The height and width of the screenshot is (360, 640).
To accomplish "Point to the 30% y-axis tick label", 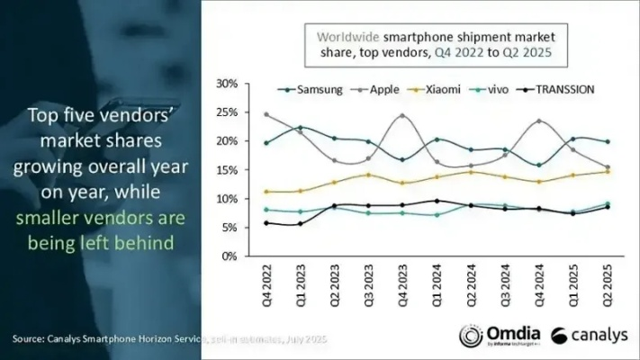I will (x=227, y=84).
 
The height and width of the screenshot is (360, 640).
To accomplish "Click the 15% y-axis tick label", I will (x=227, y=170).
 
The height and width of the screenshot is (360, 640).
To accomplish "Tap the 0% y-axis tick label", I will (x=230, y=256).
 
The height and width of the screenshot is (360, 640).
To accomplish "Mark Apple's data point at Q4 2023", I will (x=401, y=115).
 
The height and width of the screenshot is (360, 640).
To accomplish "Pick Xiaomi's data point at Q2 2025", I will (x=608, y=172).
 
